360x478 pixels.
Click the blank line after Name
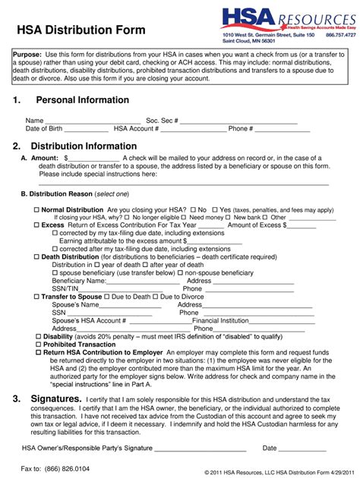coord(93,122)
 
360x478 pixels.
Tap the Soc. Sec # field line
coord(238,122)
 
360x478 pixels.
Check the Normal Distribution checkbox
coord(36,209)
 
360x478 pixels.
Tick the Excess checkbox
coord(36,225)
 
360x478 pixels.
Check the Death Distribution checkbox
coord(36,257)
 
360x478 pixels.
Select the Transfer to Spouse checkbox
coord(36,297)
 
